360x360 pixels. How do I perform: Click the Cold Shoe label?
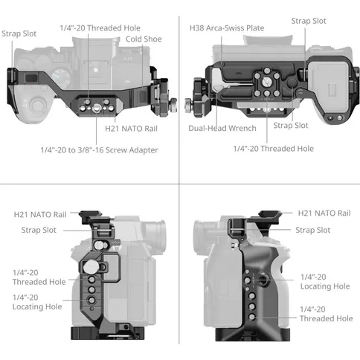click(x=144, y=39)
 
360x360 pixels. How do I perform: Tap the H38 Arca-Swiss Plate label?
click(x=227, y=28)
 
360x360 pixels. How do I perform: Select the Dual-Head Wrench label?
click(x=222, y=129)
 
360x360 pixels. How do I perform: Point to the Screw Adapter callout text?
click(x=99, y=150)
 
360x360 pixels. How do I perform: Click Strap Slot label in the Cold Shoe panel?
click(x=19, y=33)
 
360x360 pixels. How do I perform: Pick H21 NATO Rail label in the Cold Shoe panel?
click(x=131, y=129)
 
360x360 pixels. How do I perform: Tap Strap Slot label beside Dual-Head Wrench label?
click(x=291, y=125)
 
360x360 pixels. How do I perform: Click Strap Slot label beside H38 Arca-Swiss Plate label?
click(x=309, y=22)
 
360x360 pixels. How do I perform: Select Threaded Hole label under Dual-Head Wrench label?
click(x=273, y=149)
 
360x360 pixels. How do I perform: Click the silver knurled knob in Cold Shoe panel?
click(x=169, y=99)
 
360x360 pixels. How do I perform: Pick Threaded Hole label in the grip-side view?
click(x=326, y=313)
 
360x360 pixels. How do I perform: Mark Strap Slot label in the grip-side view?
click(x=312, y=230)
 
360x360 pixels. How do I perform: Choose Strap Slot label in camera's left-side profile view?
click(x=39, y=231)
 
